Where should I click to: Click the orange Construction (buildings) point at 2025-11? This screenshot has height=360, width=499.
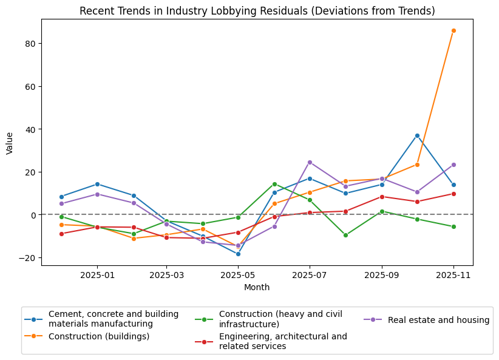coord(453,30)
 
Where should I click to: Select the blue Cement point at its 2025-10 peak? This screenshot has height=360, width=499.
coord(417,135)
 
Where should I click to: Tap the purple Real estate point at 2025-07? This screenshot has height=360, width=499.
coord(310,162)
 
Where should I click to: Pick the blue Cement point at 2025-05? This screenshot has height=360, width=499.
coord(238,254)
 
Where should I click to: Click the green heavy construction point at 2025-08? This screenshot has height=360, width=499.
coord(345,235)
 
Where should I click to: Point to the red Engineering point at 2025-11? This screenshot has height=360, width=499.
coord(453,194)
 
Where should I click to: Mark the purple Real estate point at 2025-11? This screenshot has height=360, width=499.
coord(453,165)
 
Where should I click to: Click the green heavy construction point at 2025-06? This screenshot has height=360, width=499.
coord(274,184)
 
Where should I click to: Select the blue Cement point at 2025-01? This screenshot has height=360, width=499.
coord(97,184)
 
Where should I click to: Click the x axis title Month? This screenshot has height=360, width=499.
coord(257,288)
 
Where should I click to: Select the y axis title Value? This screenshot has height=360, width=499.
coord(10,143)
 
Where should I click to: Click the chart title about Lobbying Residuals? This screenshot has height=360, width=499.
coord(257,12)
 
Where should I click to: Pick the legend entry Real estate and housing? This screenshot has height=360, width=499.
coord(438,320)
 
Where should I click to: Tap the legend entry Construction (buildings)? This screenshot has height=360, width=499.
coord(99,336)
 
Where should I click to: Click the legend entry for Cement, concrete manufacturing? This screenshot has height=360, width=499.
coord(114,319)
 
